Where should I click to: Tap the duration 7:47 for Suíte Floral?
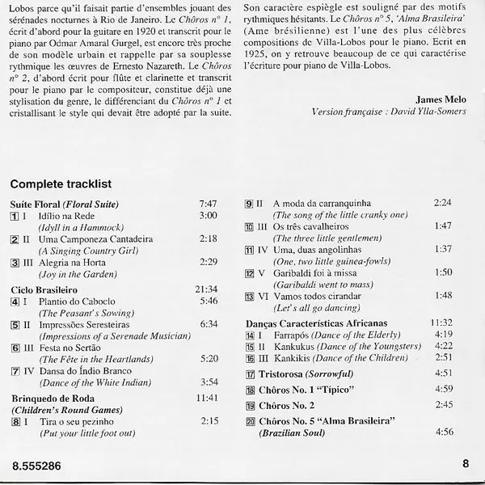click(209, 204)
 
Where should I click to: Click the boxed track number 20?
click(250, 422)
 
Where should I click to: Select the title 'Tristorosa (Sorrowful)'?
click(300, 373)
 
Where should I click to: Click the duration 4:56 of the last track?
click(444, 433)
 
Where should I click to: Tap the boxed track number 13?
click(250, 297)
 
